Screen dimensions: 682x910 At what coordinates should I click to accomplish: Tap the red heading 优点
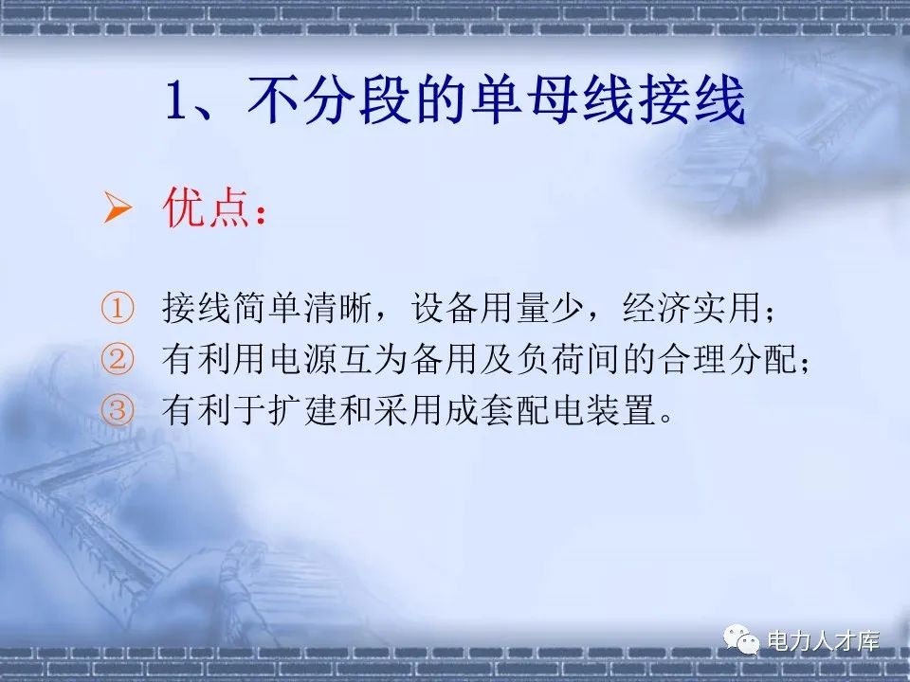pyautogui.click(x=203, y=209)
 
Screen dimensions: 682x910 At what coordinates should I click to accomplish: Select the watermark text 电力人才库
pyautogui.click(x=823, y=642)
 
